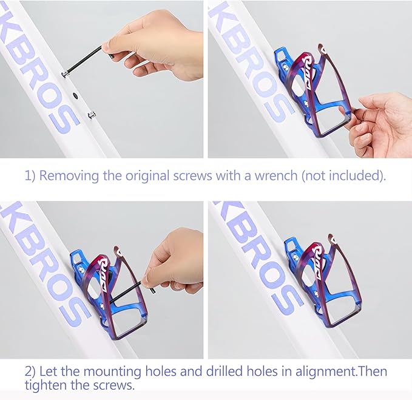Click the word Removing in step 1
pos(69,175)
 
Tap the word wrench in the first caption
pos(275,175)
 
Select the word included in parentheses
pos(354,175)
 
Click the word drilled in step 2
pos(224,371)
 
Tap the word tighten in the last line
pos(46,385)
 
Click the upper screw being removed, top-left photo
pos(65,74)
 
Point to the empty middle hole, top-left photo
pos(75,95)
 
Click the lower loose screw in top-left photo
pos(92,115)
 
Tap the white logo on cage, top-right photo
pos(307,72)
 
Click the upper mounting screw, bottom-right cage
pos(295,257)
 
